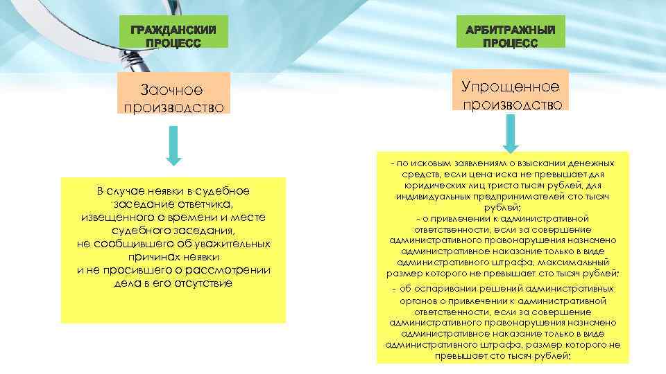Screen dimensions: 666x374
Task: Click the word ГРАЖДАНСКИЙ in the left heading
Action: tap(173, 30)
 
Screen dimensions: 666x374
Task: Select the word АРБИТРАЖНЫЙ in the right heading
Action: tap(510, 30)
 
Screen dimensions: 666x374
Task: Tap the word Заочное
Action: tap(172, 90)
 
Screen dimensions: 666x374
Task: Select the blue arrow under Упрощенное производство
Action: tap(510, 133)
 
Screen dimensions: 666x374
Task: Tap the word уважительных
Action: tap(230, 244)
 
